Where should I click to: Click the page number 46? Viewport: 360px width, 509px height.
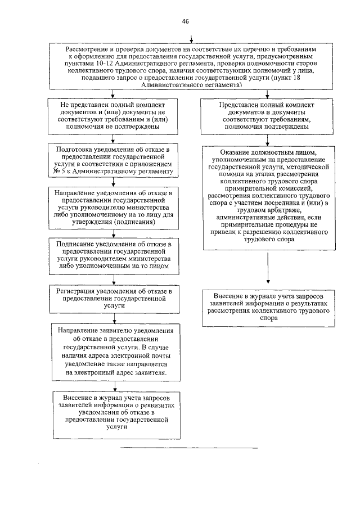point(184,21)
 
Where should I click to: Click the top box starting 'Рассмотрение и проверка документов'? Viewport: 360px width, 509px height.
point(192,66)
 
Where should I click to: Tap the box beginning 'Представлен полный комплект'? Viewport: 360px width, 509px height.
point(265,115)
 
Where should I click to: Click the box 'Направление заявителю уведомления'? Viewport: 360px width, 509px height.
point(114,350)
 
